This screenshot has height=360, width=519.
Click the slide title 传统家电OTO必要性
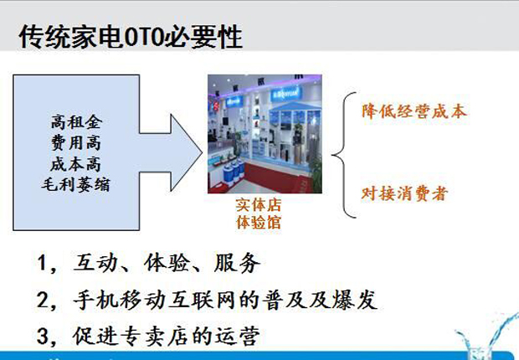(131, 37)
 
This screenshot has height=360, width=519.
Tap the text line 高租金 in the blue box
(76, 122)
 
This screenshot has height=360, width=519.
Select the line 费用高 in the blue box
(76, 142)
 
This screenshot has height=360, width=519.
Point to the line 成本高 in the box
(76, 163)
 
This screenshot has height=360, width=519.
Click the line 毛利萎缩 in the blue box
(75, 184)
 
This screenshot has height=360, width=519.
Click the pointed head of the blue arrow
(202, 152)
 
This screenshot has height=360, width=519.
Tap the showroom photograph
(265, 134)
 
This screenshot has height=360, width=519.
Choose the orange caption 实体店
(259, 205)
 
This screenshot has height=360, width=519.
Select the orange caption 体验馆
(259, 222)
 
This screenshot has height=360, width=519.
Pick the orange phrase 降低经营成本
(414, 111)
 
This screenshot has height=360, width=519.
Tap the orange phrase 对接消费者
(405, 193)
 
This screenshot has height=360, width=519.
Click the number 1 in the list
(42, 263)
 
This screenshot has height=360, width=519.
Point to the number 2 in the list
(43, 300)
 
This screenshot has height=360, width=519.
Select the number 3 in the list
(43, 336)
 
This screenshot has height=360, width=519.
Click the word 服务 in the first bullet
(237, 263)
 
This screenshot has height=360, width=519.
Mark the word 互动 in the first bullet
(96, 263)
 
